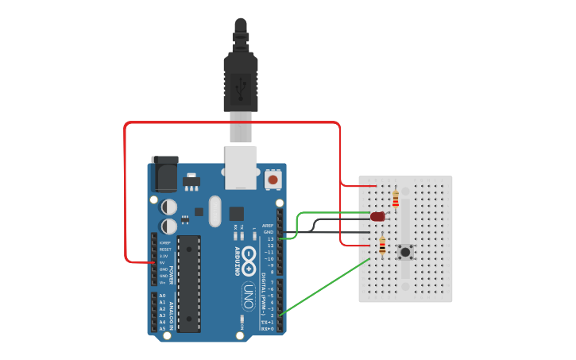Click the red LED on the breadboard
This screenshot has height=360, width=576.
[x=377, y=215]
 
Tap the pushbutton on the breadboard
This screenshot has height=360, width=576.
[x=406, y=253]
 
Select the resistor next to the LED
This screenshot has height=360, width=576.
[x=396, y=198]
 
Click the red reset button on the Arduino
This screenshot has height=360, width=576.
[x=273, y=180]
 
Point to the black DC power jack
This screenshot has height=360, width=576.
[x=164, y=175]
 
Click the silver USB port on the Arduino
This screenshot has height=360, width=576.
[x=242, y=167]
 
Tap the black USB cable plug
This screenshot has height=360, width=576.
[x=241, y=79]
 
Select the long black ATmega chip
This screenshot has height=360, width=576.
[x=188, y=282]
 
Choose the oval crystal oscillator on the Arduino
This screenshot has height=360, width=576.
[x=214, y=211]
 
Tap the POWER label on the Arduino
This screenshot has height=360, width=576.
[x=171, y=275]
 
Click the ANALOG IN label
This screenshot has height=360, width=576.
[x=171, y=312]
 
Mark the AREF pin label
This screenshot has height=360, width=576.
[x=268, y=226]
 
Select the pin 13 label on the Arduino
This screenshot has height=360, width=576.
[x=270, y=239]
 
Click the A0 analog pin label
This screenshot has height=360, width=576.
[x=163, y=296]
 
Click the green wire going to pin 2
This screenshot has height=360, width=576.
[x=326, y=285]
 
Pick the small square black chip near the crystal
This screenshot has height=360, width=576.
[x=237, y=213]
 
